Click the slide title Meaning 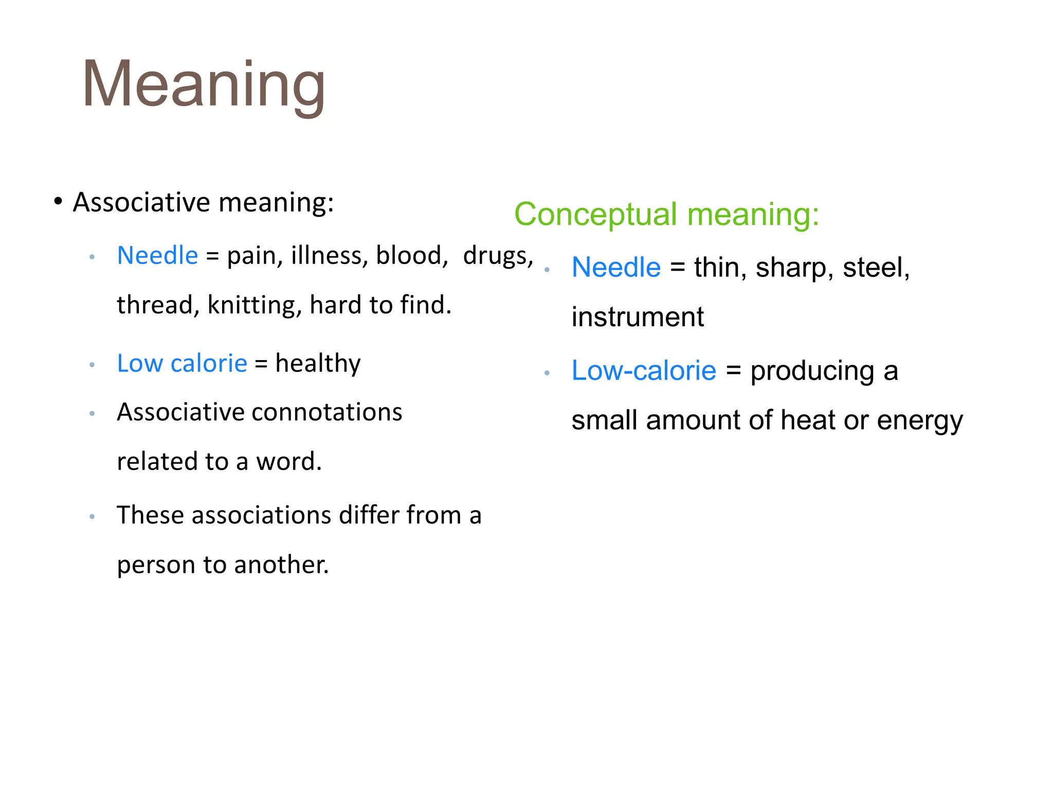tap(204, 85)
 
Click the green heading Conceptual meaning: tap(666, 214)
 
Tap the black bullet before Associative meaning tap(58, 201)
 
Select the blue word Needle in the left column tap(157, 255)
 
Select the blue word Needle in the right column tap(616, 267)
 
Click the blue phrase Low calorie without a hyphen tap(182, 363)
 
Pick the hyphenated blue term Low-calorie tap(644, 370)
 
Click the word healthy tap(318, 363)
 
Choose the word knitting tap(254, 305)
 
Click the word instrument tap(638, 317)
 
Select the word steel tap(876, 268)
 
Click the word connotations tap(326, 412)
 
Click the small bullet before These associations tap(92, 517)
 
